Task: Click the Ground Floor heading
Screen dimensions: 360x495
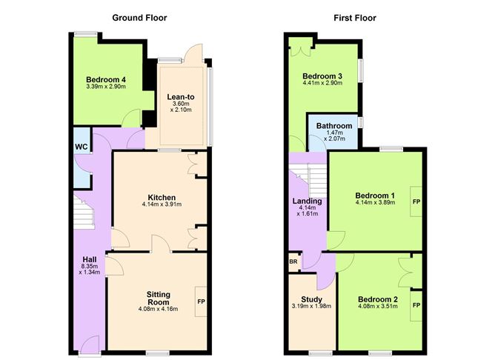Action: pos(139,17)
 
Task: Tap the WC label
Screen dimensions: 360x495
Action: pos(81,146)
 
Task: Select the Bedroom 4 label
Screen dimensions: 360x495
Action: pos(105,79)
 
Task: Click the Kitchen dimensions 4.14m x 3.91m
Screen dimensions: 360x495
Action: pos(162,205)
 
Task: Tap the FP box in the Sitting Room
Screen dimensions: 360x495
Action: pos(200,302)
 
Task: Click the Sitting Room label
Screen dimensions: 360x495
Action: pos(159,298)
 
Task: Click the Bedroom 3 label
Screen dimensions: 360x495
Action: pos(322,76)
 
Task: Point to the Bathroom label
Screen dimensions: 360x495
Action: pos(333,126)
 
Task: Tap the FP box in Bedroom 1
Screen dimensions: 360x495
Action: pos(416,201)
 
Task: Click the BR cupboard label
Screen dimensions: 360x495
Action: pos(293,262)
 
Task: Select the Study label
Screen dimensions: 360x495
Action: pos(310,298)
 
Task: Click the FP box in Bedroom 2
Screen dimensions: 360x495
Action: pos(416,305)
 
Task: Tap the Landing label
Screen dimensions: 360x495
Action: pos(308,201)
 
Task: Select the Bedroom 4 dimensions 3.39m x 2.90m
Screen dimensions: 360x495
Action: pos(105,87)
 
